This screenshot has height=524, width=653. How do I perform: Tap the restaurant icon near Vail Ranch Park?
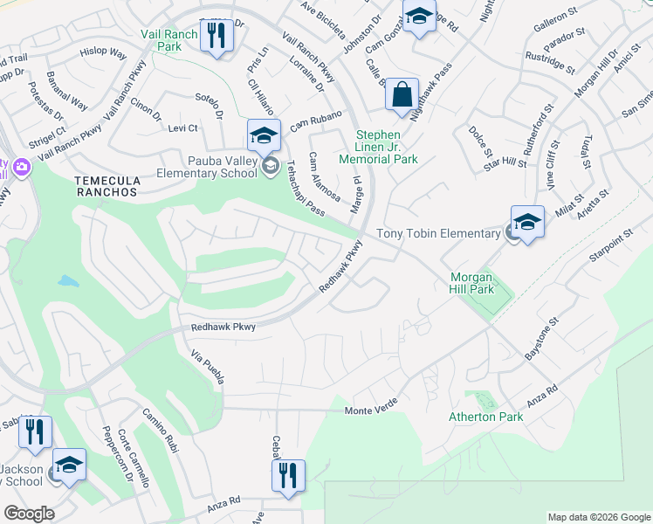tap(217, 36)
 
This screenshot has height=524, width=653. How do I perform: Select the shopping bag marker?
tap(402, 95)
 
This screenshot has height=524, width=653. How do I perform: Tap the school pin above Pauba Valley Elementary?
tap(263, 136)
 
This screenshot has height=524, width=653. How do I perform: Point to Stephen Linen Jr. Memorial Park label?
tap(379, 147)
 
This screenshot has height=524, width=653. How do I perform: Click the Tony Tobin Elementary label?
tap(438, 233)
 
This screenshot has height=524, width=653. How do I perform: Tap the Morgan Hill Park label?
tap(472, 283)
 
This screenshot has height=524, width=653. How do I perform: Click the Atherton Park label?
tap(486, 417)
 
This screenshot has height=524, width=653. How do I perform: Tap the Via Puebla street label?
tap(209, 367)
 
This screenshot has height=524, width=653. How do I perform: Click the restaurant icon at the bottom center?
tap(287, 476)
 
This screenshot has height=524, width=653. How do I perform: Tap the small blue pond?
tap(66, 282)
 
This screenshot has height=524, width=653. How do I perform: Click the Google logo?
tap(29, 514)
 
